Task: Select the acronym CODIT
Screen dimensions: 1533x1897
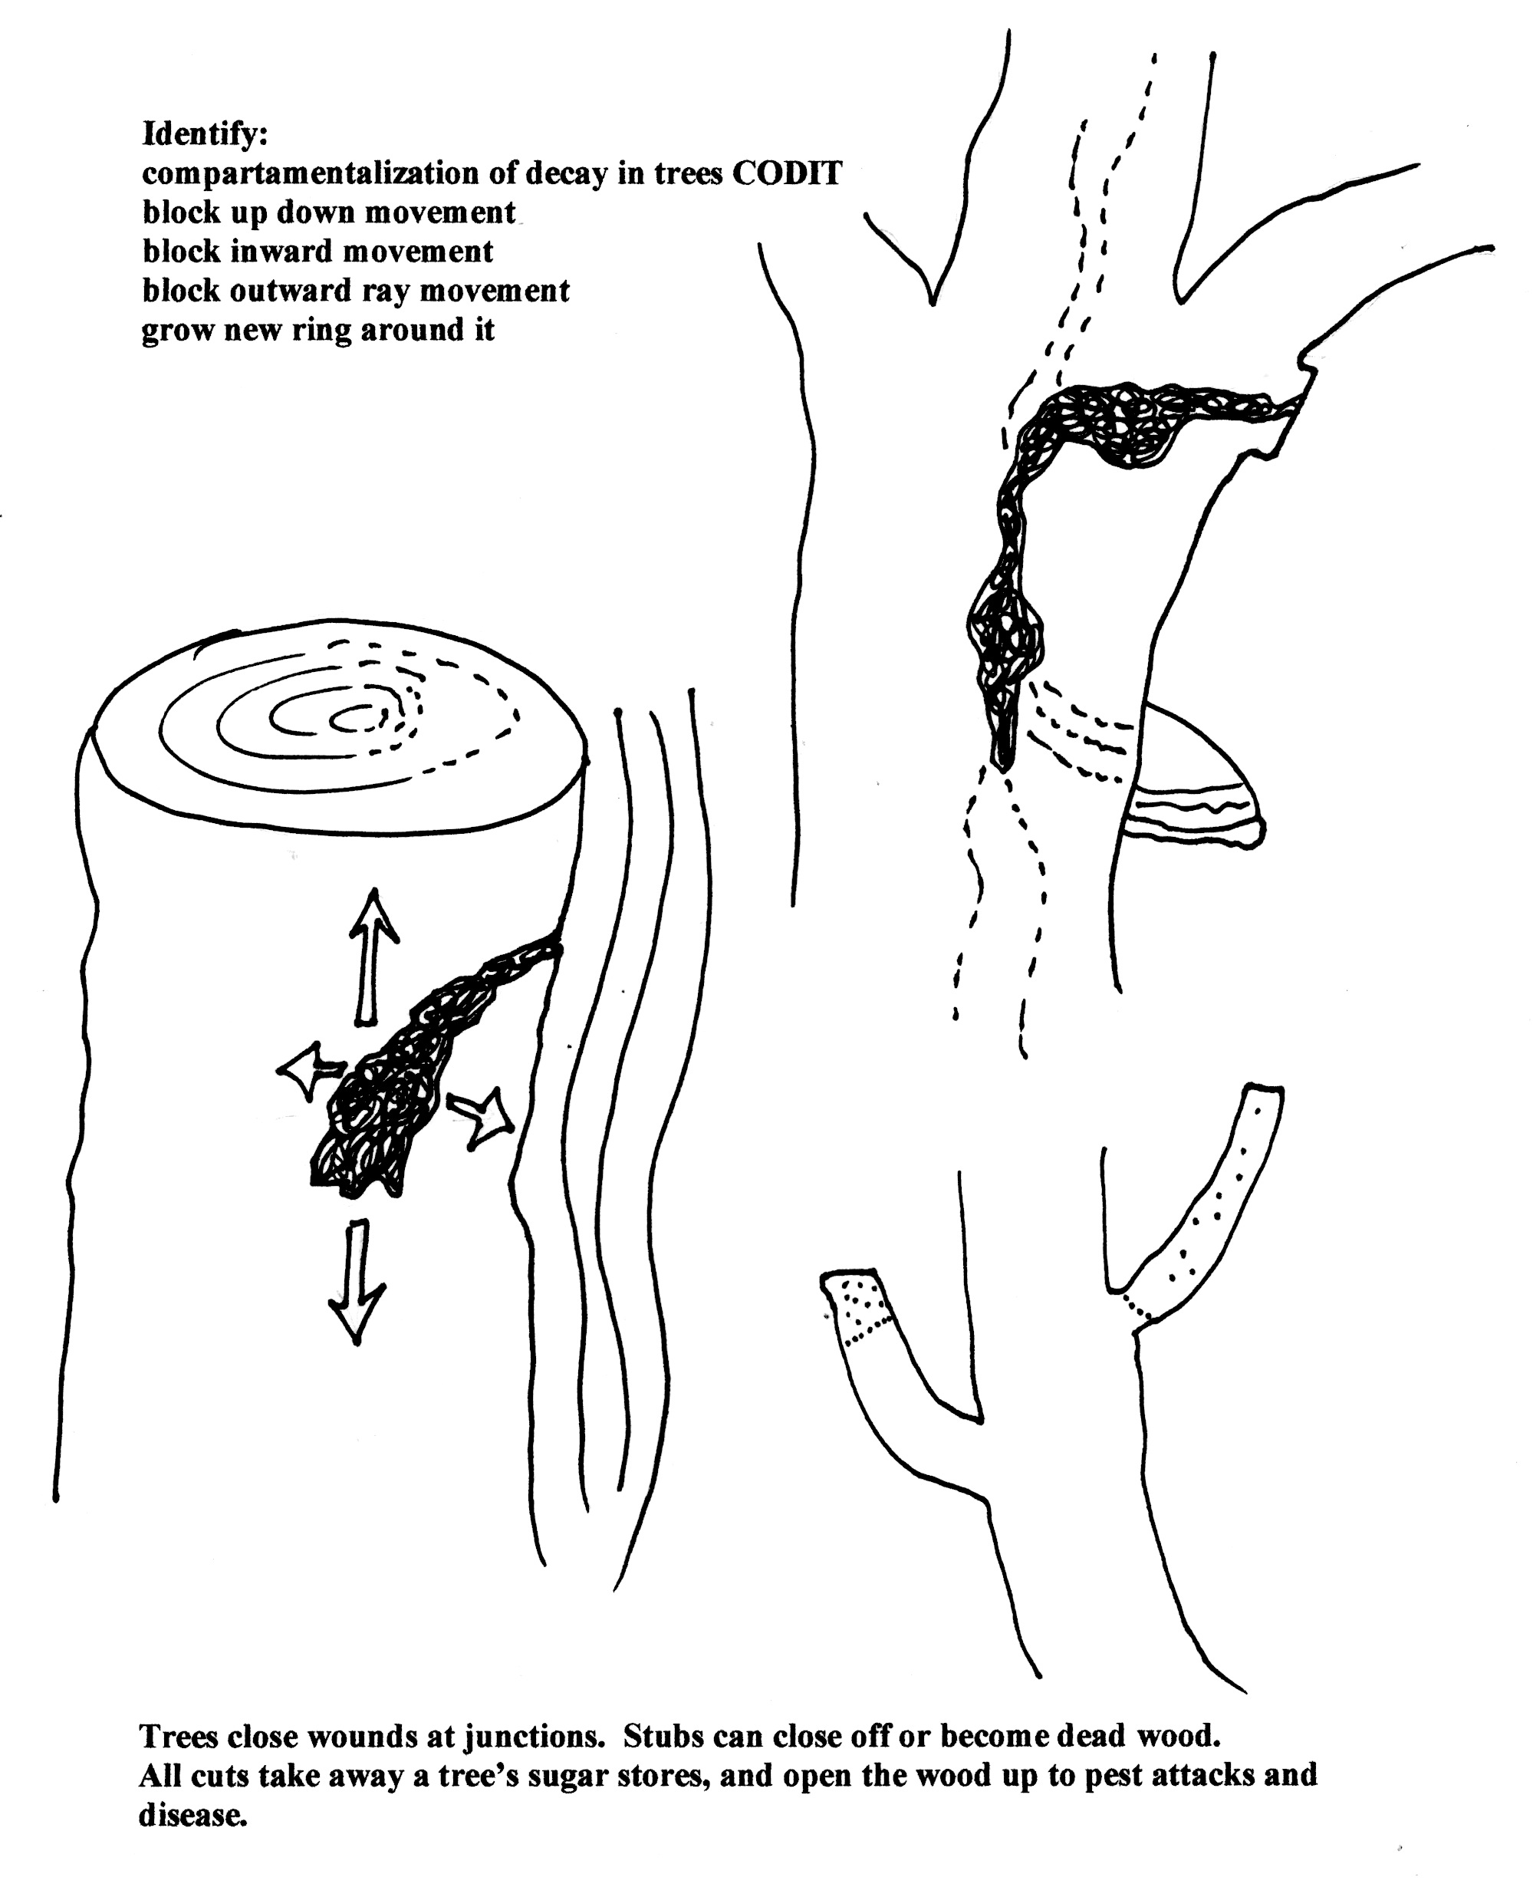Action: pos(787,173)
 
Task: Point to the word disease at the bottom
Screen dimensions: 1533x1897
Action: pos(192,1814)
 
